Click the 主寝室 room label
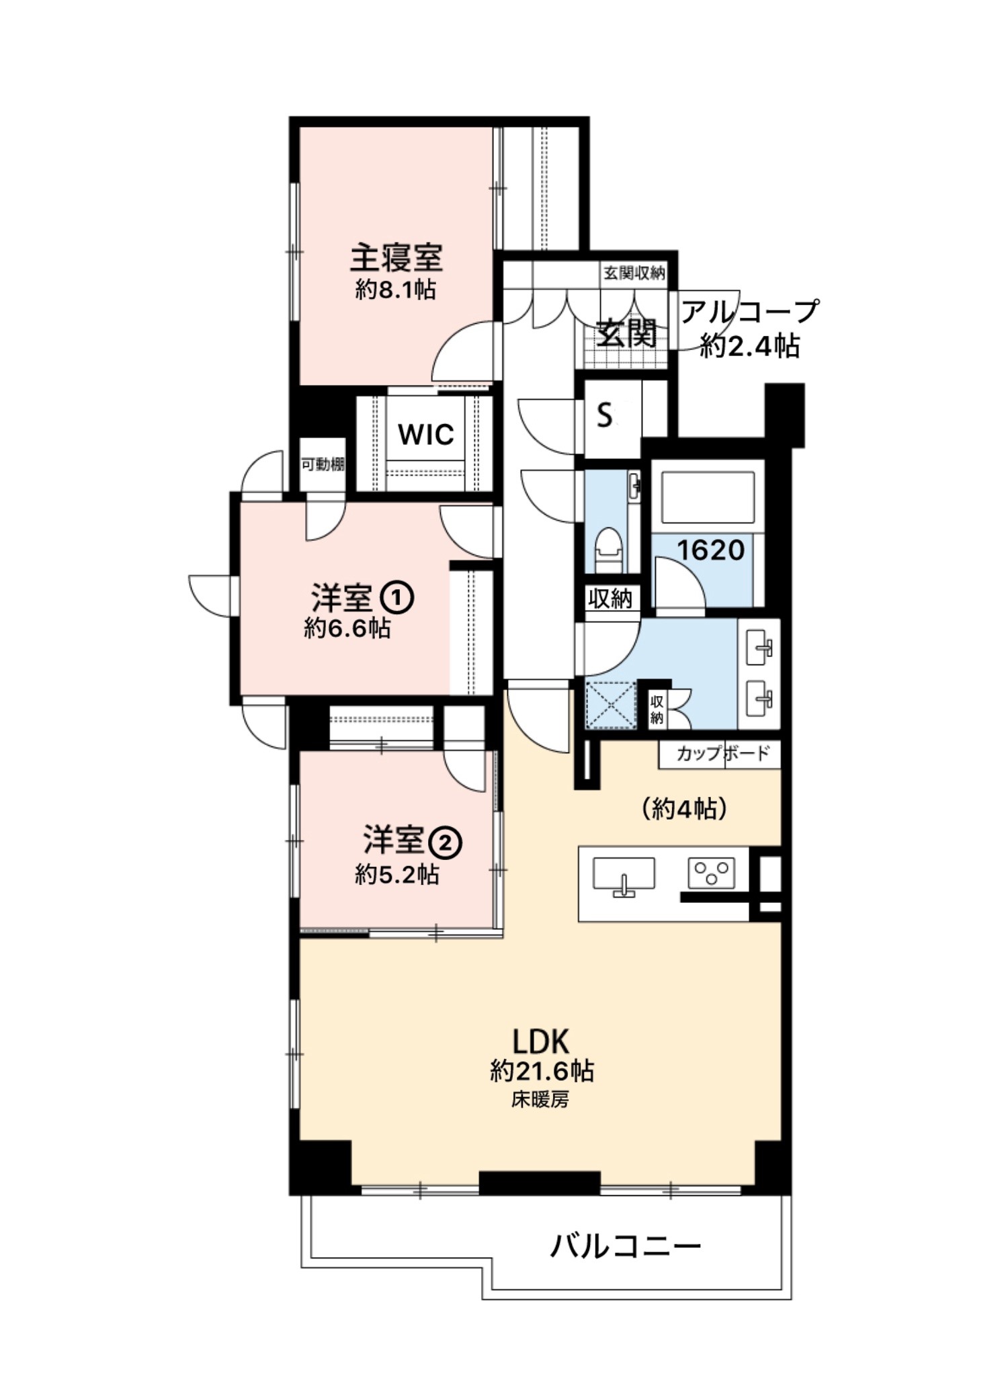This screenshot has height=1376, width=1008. (x=396, y=257)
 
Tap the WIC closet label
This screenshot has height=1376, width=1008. (x=425, y=435)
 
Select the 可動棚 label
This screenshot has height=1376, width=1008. (x=323, y=464)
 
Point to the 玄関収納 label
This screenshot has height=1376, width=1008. (x=634, y=273)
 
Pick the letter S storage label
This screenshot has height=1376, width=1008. (x=604, y=416)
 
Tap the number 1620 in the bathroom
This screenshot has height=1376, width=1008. (x=710, y=551)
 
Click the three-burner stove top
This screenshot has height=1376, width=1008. (x=711, y=873)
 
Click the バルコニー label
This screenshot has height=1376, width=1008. (x=625, y=1248)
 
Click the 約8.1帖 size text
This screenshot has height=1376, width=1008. (x=396, y=290)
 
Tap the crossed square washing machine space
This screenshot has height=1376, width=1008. (x=610, y=704)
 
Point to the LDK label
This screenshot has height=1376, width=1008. (x=541, y=1041)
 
